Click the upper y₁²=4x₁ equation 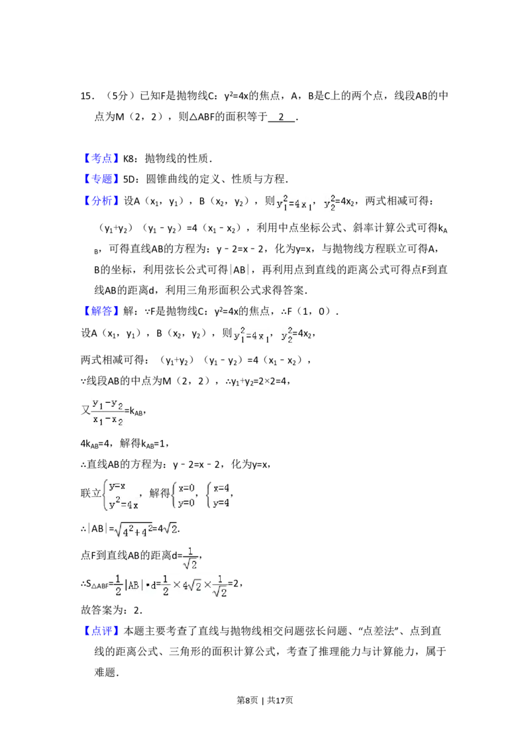[295, 203]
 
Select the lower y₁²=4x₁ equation [250, 337]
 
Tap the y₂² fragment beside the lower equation [286, 337]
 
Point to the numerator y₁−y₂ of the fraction [108, 402]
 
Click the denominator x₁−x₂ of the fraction [108, 420]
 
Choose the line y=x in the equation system [117, 486]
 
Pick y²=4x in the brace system [123, 505]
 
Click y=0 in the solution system [186, 502]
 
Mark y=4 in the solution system [221, 502]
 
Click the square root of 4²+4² [133, 530]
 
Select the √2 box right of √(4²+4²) [170, 529]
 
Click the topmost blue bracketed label [103, 158]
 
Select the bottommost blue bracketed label [103, 631]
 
